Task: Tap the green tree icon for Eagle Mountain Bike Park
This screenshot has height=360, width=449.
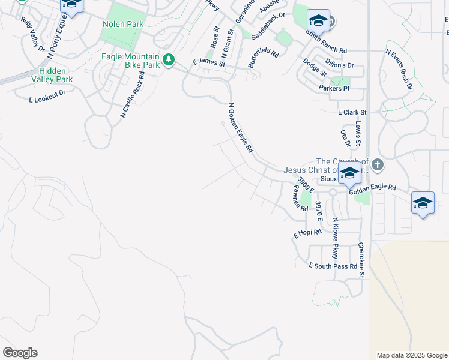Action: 170,59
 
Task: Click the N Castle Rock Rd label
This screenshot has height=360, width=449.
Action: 133,94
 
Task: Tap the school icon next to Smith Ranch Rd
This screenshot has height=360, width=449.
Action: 318,22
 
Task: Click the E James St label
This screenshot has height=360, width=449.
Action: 208,62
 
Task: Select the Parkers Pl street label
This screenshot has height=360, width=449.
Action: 334,88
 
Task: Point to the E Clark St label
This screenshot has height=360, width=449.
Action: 352,112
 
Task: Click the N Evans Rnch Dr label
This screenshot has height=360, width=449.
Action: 400,70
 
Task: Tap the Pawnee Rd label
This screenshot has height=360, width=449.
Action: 300,198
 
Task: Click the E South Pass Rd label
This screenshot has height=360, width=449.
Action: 333,266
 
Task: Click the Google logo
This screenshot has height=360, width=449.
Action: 20,353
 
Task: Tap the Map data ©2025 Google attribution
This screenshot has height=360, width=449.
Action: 411,355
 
